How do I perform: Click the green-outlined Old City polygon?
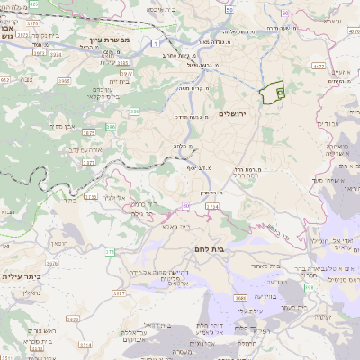point(272,94)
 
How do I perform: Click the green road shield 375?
point(109,253)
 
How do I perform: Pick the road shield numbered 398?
point(308,287)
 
